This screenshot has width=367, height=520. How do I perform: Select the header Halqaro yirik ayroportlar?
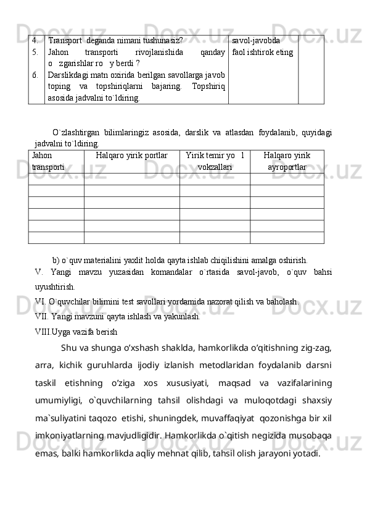pos(287,161)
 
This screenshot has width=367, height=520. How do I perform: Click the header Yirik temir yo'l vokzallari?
pos(215,161)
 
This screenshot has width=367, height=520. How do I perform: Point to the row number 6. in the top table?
pos(36,75)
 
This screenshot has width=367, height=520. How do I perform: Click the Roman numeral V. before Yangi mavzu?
pos(39,272)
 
